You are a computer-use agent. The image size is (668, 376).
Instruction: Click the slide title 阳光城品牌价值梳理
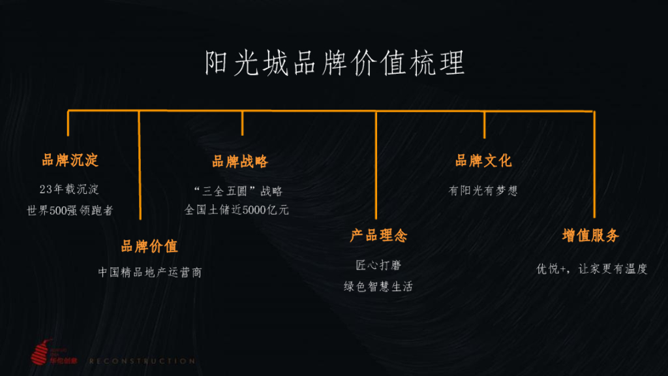pos(334,64)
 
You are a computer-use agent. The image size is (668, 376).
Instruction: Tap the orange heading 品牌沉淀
pos(70,160)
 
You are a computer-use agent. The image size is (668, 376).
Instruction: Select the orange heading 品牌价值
pos(149,247)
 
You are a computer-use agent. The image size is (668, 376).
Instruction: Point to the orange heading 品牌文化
pos(483,161)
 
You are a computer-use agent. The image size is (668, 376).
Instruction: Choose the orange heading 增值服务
pos(590,236)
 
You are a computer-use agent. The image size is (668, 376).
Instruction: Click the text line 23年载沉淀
pos(69,190)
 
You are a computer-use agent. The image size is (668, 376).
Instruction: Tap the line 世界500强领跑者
pos(70,211)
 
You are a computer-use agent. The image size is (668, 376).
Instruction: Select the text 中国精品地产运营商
pos(150,272)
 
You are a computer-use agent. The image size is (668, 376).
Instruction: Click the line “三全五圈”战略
pos(239,191)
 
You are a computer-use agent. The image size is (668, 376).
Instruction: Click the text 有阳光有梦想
pos(483,191)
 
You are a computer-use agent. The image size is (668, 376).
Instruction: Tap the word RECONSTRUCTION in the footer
pos(142,361)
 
